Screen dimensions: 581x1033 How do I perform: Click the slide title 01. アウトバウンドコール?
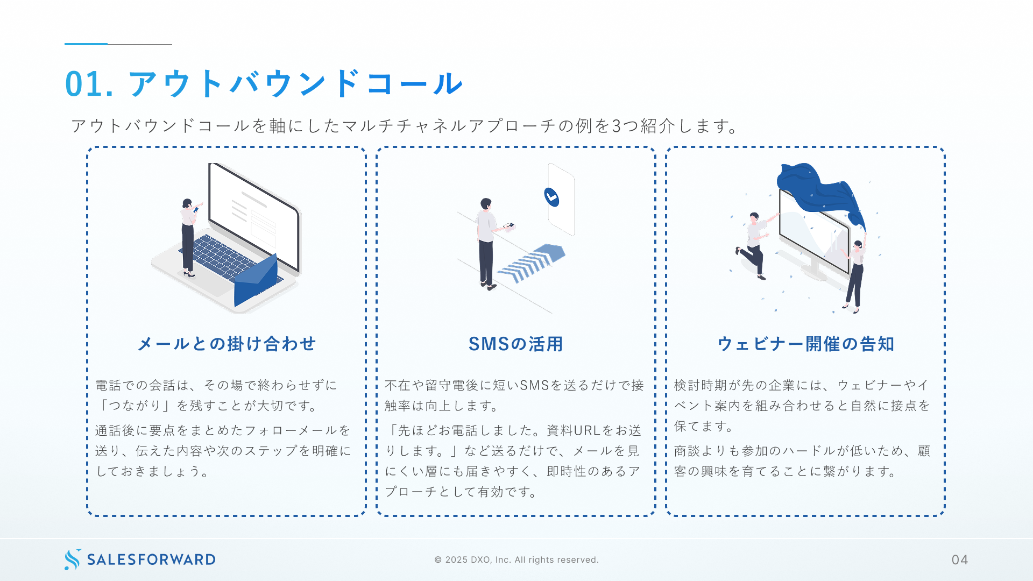click(264, 84)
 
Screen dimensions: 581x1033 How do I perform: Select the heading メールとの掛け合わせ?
click(227, 344)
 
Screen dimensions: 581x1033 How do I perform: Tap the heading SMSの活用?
click(515, 344)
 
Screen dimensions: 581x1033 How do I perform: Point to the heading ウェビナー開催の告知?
click(805, 344)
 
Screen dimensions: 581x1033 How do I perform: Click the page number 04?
click(959, 560)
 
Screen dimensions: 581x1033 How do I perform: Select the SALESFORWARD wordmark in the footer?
click(151, 559)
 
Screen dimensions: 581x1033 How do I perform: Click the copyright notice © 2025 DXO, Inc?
click(516, 560)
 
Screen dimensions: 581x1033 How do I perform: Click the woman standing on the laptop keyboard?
click(188, 237)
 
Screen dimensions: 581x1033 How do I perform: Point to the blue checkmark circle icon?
click(551, 197)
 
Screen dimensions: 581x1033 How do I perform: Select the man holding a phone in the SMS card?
click(486, 242)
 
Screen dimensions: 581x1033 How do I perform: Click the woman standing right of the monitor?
click(855, 274)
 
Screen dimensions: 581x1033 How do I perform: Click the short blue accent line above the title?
click(86, 44)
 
